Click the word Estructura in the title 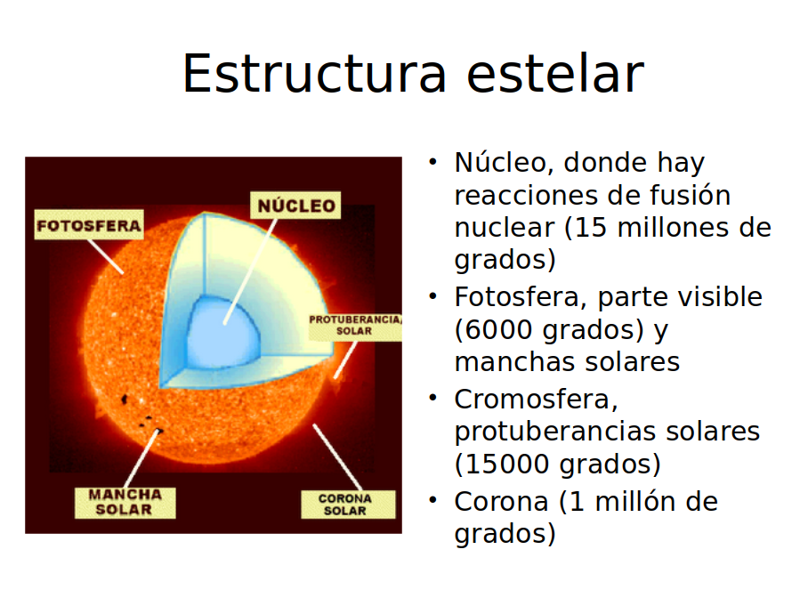pos(314,73)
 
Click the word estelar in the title pos(555,73)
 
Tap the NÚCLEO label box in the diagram pos(295,206)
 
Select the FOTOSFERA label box pos(89,224)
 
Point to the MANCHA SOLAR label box pos(125,503)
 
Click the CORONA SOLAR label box pos(348,504)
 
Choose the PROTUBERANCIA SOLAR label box pos(355,326)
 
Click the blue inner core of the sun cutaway pos(222,333)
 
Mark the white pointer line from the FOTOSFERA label pos(106,256)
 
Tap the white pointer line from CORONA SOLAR pos(337,457)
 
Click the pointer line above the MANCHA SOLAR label pos(141,458)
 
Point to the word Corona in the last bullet pos(501,502)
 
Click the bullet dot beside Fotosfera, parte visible pos(432,296)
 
